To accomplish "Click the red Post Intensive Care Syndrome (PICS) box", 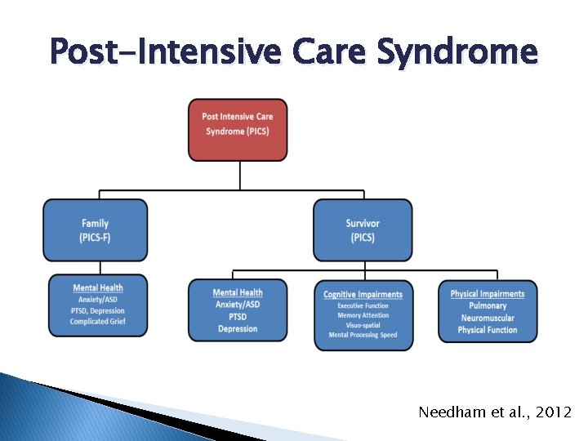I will [238, 130].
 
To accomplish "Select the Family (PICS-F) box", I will [95, 230].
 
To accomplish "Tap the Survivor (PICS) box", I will [363, 230].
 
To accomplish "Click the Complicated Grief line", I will [98, 322].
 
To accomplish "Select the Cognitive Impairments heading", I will [363, 294].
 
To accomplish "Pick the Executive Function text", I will [363, 305].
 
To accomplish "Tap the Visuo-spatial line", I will [363, 325].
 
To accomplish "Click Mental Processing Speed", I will [363, 335].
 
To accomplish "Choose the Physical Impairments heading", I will [488, 294].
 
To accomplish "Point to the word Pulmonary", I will [488, 305].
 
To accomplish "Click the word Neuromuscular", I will [488, 318].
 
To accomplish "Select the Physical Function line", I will [488, 330].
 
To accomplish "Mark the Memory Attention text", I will [363, 315].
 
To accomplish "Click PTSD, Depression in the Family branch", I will [98, 310].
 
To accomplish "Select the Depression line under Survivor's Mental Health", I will [238, 328].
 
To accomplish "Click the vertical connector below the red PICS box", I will [238, 176].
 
